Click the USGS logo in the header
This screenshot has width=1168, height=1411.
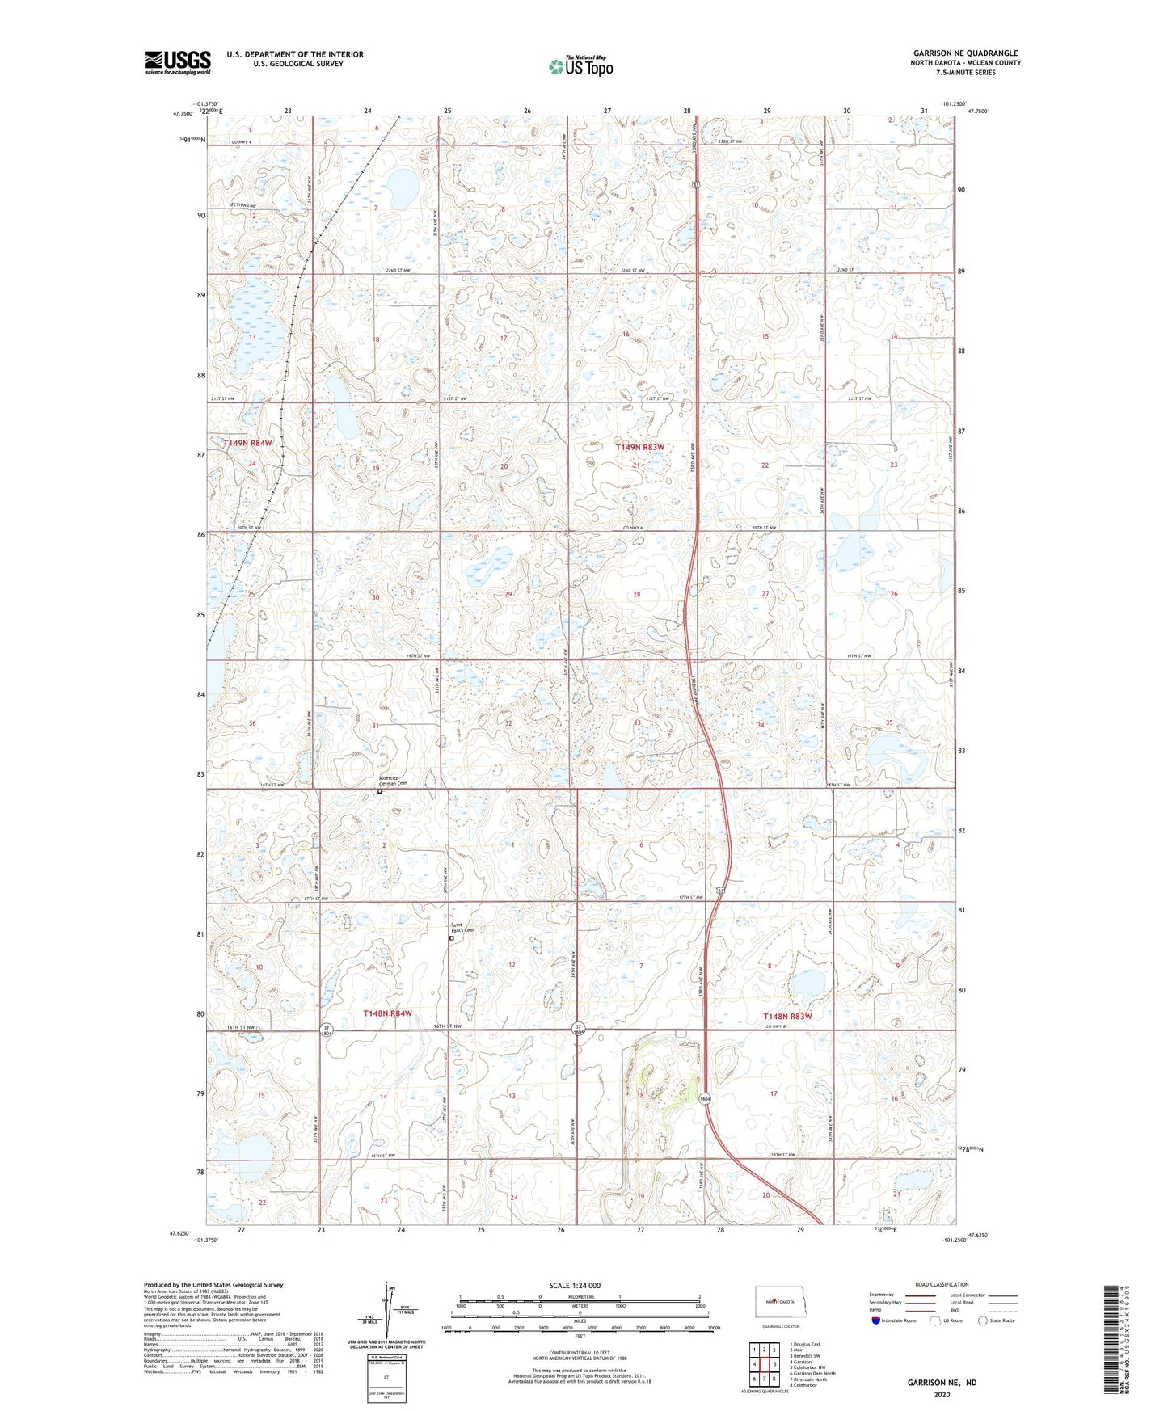(177, 62)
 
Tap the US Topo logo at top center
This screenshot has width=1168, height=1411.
(580, 66)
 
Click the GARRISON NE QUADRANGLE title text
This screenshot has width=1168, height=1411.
(965, 53)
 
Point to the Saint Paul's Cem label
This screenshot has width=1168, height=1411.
(462, 928)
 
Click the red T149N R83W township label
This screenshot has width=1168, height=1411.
(639, 447)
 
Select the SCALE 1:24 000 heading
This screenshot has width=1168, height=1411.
(575, 1286)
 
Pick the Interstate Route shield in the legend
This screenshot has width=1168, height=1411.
(876, 1320)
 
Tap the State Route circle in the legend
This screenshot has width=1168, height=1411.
(982, 1320)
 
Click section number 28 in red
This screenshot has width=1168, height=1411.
(637, 595)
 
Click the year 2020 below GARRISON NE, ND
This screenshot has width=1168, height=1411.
(941, 1394)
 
